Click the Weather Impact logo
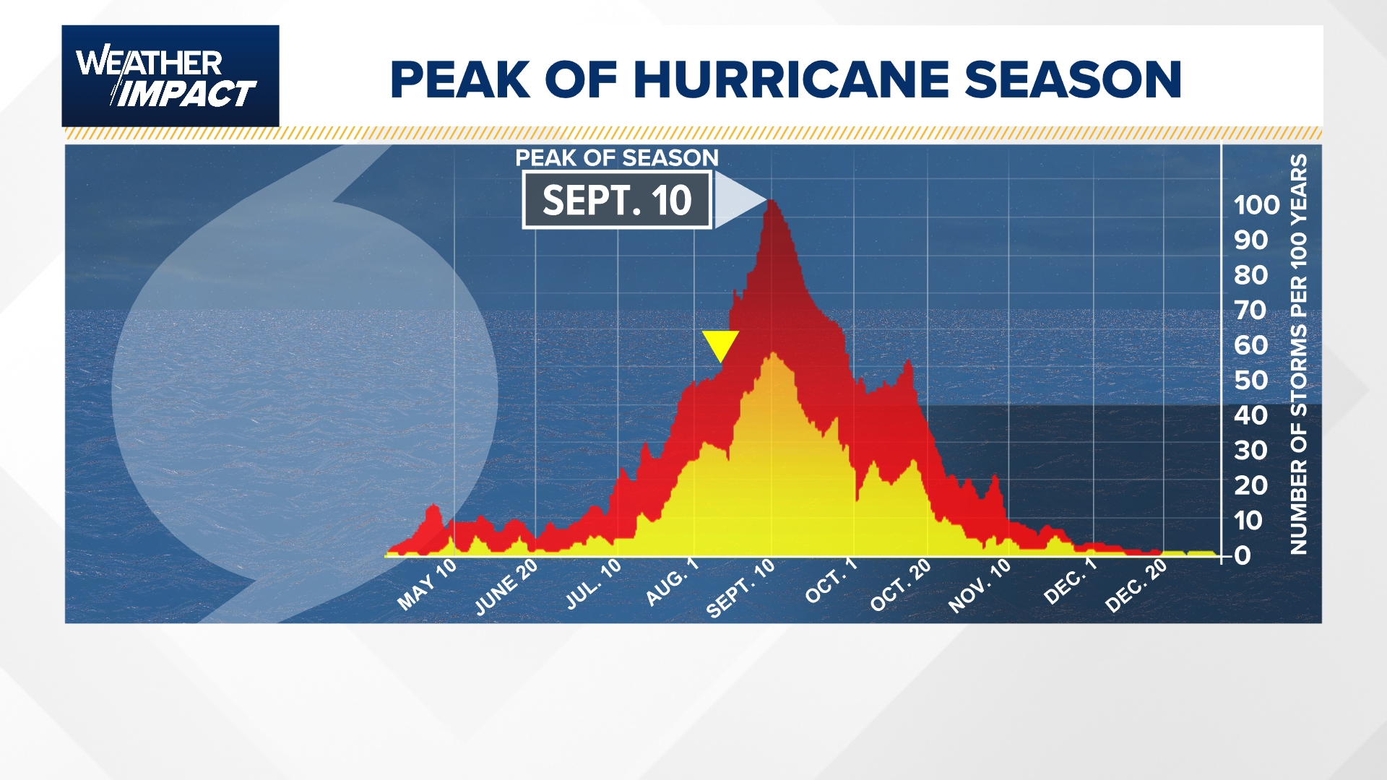coord(170,76)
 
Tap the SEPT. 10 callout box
coord(617,200)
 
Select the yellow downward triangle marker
coord(720,344)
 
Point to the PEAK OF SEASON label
coord(617,158)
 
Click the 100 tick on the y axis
coord(1256,205)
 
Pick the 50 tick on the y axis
coord(1251,381)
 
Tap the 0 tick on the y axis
coord(1243,555)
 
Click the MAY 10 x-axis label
coord(427,584)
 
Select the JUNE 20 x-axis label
coord(506,587)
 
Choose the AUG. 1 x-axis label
coord(672,582)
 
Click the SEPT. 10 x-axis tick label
coord(740,589)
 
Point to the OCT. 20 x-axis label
coord(900,586)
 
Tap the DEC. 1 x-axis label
coord(1070,582)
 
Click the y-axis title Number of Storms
coord(1298,354)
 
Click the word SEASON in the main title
coord(1073,79)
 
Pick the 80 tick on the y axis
coord(1251,275)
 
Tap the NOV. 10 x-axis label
coord(980,586)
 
